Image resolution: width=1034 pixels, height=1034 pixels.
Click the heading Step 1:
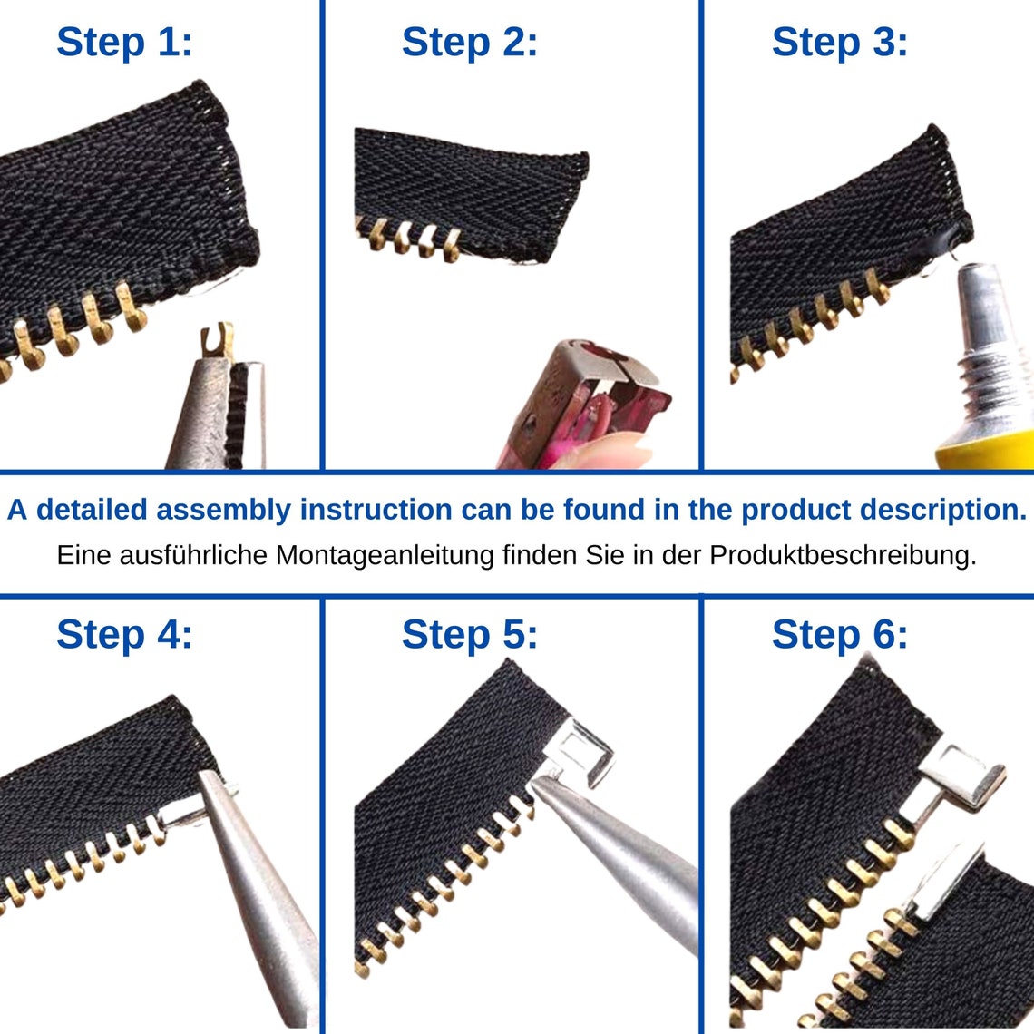pyautogui.click(x=124, y=43)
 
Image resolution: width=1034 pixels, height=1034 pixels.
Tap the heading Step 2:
pyautogui.click(x=470, y=43)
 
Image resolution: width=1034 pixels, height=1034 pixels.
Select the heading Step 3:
pyautogui.click(x=840, y=43)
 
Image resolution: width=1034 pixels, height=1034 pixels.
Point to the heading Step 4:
pyautogui.click(x=124, y=634)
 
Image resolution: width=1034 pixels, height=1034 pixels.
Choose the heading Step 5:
pyautogui.click(x=470, y=634)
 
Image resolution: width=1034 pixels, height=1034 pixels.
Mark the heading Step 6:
pyautogui.click(x=840, y=634)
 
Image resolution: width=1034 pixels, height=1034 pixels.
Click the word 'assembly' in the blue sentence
pyautogui.click(x=223, y=511)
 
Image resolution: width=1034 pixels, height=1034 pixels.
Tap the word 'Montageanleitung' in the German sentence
pyautogui.click(x=385, y=556)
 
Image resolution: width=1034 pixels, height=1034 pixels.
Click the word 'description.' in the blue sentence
pyautogui.click(x=943, y=510)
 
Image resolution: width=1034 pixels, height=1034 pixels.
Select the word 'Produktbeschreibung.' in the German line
pyautogui.click(x=843, y=556)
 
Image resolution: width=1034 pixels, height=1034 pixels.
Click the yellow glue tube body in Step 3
pyautogui.click(x=985, y=451)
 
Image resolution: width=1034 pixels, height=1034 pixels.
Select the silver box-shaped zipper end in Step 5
pyautogui.click(x=581, y=753)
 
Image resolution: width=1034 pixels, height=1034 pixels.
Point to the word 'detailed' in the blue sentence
pyautogui.click(x=92, y=510)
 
